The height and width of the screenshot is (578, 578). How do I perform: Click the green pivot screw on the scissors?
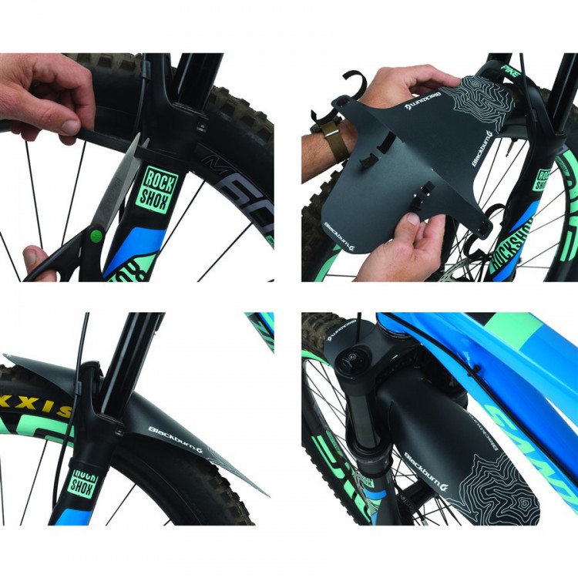[96, 236]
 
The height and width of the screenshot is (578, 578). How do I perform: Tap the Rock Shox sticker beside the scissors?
[154, 190]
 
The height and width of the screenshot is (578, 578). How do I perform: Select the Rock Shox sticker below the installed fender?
[84, 482]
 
